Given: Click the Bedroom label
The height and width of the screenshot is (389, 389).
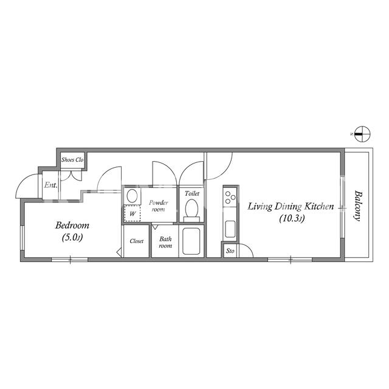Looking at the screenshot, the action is [72, 225].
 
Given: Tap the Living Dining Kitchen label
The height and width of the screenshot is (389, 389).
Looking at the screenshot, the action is [291, 207].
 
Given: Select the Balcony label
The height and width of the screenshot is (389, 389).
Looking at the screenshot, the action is [357, 205].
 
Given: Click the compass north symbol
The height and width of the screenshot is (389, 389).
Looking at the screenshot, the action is [362, 134].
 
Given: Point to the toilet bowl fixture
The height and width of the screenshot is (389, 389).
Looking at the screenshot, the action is [191, 210].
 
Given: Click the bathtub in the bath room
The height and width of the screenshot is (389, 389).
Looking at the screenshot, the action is [191, 241].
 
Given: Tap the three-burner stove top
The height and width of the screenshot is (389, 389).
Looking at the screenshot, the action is [230, 197].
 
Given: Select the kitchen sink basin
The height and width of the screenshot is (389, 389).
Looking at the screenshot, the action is [230, 229].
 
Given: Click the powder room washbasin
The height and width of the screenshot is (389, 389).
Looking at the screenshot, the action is [133, 196].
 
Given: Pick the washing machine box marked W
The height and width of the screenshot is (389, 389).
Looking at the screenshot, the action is [133, 213].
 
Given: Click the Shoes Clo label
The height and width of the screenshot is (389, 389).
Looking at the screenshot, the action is [72, 160].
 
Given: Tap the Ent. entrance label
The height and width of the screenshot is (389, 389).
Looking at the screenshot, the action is [50, 185].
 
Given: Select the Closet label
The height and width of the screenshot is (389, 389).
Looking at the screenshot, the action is [136, 241].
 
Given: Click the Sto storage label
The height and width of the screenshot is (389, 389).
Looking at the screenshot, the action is [230, 251].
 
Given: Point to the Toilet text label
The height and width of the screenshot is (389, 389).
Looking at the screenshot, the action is [192, 193].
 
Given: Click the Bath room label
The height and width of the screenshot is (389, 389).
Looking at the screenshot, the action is [165, 242].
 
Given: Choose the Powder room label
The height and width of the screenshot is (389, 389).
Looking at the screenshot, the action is [158, 206].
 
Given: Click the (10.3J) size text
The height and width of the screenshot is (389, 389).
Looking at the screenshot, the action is [292, 219].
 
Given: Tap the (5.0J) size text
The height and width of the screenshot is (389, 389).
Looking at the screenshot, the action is [72, 238].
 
